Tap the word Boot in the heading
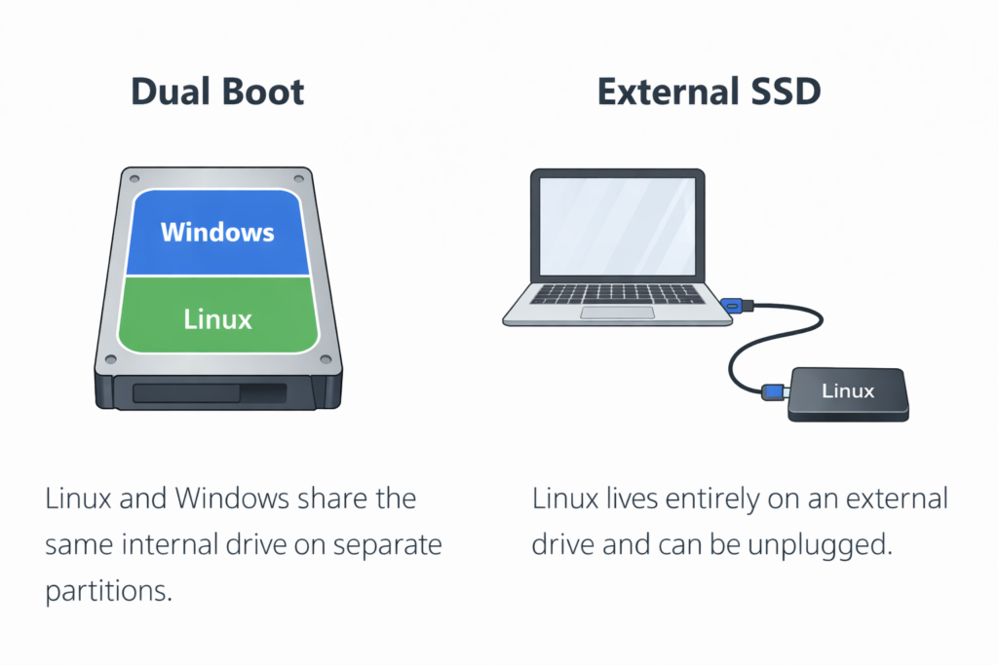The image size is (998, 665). tap(259, 92)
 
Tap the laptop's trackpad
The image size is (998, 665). tap(616, 313)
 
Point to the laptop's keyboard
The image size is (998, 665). tap(617, 293)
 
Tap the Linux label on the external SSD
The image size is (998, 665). tap(848, 391)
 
